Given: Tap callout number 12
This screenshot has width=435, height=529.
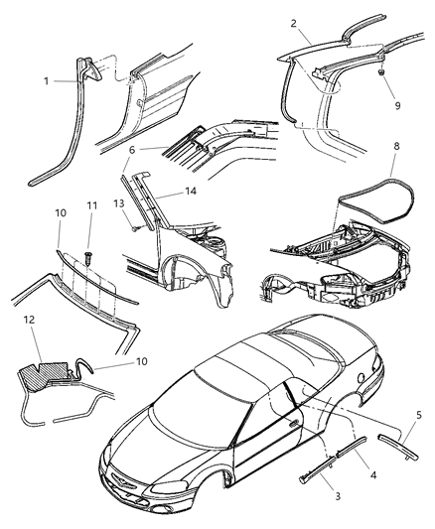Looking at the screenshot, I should click(x=29, y=321).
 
